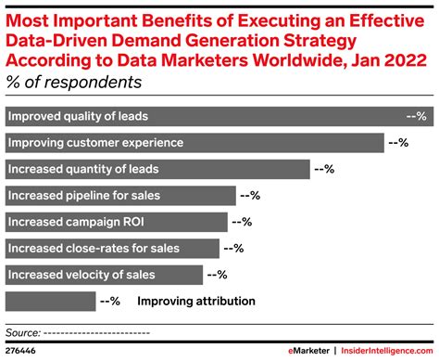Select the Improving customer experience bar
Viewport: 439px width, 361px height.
pyautogui.click(x=194, y=143)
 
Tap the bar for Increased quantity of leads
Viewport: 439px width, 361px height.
pyautogui.click(x=157, y=169)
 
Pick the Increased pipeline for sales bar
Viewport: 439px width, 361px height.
pyautogui.click(x=120, y=196)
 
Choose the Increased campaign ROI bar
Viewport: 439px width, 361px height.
pyautogui.click(x=116, y=222)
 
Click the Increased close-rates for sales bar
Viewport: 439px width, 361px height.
pyautogui.click(x=112, y=248)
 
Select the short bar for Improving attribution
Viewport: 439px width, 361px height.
pyautogui.click(x=50, y=301)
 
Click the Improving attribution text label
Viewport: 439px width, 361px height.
pyautogui.click(x=195, y=302)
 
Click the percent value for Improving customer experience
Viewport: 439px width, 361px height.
pyautogui.click(x=397, y=143)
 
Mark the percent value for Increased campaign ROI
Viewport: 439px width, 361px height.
pyautogui.click(x=241, y=222)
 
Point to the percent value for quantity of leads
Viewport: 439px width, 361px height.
pyautogui.click(x=324, y=169)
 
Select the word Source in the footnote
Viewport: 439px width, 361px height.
pyautogui.click(x=22, y=331)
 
